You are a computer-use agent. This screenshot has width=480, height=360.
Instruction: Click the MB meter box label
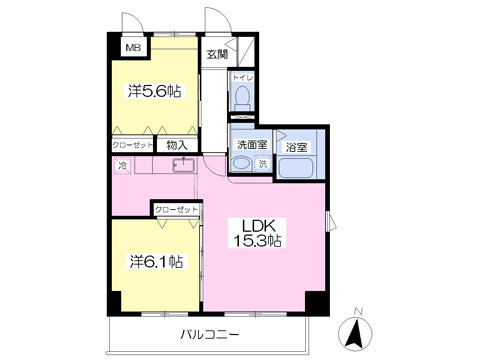[133, 48]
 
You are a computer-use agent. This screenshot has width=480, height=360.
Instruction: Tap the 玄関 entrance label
[217, 54]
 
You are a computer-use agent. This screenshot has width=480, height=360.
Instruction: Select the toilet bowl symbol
[242, 97]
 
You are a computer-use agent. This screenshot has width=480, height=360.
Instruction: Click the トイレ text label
[243, 78]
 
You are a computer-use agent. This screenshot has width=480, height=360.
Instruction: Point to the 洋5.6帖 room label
[155, 91]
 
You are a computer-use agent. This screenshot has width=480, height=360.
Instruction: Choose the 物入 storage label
[177, 145]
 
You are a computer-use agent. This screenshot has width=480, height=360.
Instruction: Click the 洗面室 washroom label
[252, 145]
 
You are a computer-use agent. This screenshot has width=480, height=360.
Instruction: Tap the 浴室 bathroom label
[296, 147]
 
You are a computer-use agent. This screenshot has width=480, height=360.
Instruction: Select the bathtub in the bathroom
[297, 167]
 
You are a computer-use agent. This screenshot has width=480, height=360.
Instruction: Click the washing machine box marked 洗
[263, 164]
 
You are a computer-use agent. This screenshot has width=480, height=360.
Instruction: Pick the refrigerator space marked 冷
[123, 165]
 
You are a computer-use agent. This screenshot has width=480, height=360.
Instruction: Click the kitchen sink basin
[184, 165]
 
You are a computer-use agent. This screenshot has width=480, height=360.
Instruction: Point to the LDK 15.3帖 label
[257, 233]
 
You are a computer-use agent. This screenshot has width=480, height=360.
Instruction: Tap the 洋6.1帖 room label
[156, 261]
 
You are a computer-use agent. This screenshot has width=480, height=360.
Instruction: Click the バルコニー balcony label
[210, 334]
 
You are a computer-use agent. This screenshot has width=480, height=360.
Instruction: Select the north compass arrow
[355, 333]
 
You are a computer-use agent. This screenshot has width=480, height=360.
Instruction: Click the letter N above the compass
[359, 312]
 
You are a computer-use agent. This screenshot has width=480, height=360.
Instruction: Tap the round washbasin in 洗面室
[241, 164]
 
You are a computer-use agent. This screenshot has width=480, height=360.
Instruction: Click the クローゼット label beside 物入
[132, 145]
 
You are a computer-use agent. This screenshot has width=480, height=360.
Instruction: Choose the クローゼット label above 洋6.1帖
[176, 210]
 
